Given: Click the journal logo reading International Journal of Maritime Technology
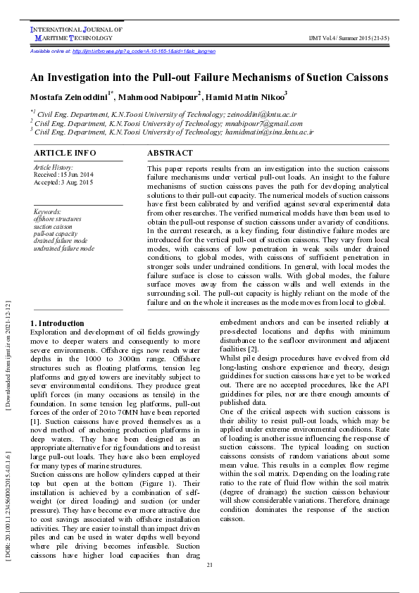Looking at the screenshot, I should pyautogui.click(x=76, y=34).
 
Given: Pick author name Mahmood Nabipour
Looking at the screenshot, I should pyautogui.click(x=157, y=96).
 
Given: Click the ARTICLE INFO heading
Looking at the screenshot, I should pyautogui.click(x=65, y=153).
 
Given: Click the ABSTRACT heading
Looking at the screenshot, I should pyautogui.click(x=170, y=153).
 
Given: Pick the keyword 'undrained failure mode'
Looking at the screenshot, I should pyautogui.click(x=63, y=248).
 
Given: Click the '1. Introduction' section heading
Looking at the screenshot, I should pyautogui.click(x=57, y=323).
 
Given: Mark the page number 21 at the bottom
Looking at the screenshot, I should pyautogui.click(x=209, y=566).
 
